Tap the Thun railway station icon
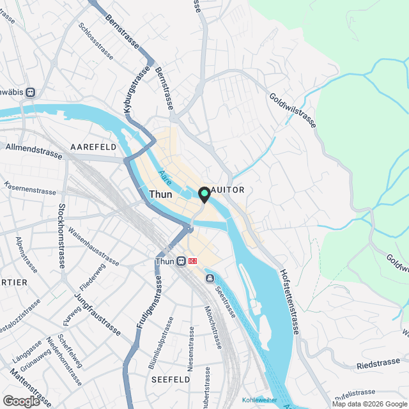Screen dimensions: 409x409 pos(181,261)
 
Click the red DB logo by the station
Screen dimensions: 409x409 pos(193,261)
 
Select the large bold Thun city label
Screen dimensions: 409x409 pos(160,194)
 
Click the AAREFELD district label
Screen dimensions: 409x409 pos(93,147)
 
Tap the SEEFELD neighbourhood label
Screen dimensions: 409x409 pos(171,379)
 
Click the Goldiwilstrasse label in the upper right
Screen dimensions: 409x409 pos(293,109)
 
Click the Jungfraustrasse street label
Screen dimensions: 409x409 pos(97,314)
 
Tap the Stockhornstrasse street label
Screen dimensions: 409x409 pos(63,236)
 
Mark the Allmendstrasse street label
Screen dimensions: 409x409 pos(33,151)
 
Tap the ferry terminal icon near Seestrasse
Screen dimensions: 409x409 pos(210,279)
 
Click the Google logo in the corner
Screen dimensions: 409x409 pos(21,401)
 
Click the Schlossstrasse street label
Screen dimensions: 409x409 pos(95,42)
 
